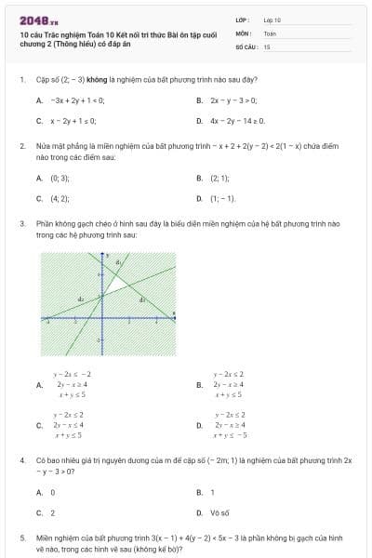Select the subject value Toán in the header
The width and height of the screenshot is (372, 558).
(270, 33)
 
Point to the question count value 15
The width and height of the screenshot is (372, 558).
(267, 46)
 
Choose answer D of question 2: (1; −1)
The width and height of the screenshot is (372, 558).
(223, 198)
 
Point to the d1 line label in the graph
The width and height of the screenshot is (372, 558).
(118, 264)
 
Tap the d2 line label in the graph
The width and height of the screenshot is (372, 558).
(81, 299)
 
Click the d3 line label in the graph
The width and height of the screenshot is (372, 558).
(142, 299)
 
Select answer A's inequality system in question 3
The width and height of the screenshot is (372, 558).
(71, 383)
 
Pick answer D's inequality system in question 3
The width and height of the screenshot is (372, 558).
(230, 424)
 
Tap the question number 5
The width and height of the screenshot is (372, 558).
(21, 538)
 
